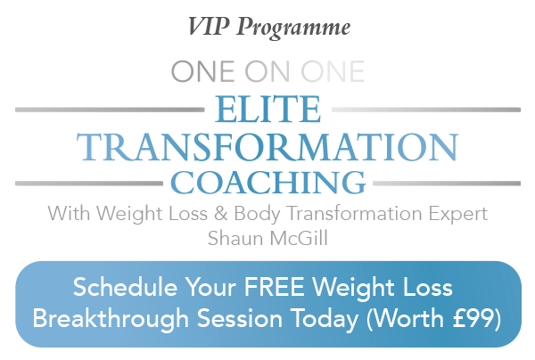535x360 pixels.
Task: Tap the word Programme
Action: [293, 29]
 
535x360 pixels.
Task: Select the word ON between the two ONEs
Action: [267, 71]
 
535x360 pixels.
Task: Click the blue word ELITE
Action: [267, 109]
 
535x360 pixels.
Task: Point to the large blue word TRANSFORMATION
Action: [267, 147]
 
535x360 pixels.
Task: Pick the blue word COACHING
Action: [268, 183]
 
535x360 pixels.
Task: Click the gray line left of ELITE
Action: [110, 110]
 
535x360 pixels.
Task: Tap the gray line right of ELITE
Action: [426, 110]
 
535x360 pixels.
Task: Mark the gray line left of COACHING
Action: [88, 184]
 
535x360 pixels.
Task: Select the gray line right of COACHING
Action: [447, 184]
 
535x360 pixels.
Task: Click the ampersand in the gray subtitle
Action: [221, 214]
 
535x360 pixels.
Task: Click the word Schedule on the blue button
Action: [125, 287]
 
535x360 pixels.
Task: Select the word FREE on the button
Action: [274, 288]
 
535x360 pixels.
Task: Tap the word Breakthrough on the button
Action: [111, 319]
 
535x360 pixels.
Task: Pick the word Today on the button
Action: [325, 320]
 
